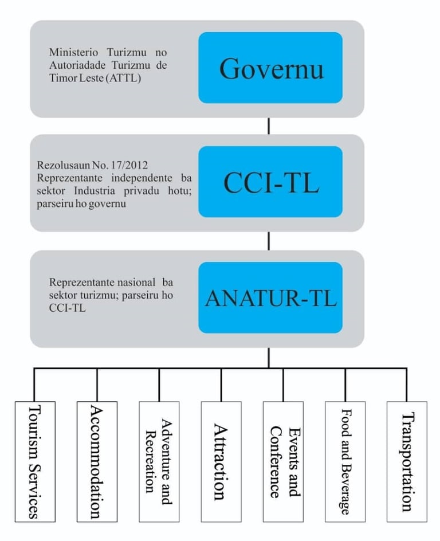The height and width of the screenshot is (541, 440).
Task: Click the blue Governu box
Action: tap(270, 68)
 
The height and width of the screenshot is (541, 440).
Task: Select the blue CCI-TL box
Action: tap(270, 182)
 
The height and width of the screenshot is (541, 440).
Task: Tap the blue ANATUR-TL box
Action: tap(270, 297)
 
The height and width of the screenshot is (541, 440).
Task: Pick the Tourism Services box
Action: tap(34, 461)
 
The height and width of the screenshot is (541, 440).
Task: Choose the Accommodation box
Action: tap(97, 461)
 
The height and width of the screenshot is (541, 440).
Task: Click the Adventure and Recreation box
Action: tap(159, 461)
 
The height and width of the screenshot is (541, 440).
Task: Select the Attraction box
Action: tap(221, 461)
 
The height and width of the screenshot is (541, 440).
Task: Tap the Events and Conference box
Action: tap(283, 461)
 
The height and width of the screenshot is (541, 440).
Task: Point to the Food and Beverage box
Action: tap(345, 461)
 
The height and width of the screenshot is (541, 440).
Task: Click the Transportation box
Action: tap(407, 461)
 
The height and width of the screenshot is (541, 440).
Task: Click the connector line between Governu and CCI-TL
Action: tap(268, 126)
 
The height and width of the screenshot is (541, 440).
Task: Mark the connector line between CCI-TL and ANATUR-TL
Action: tap(268, 241)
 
